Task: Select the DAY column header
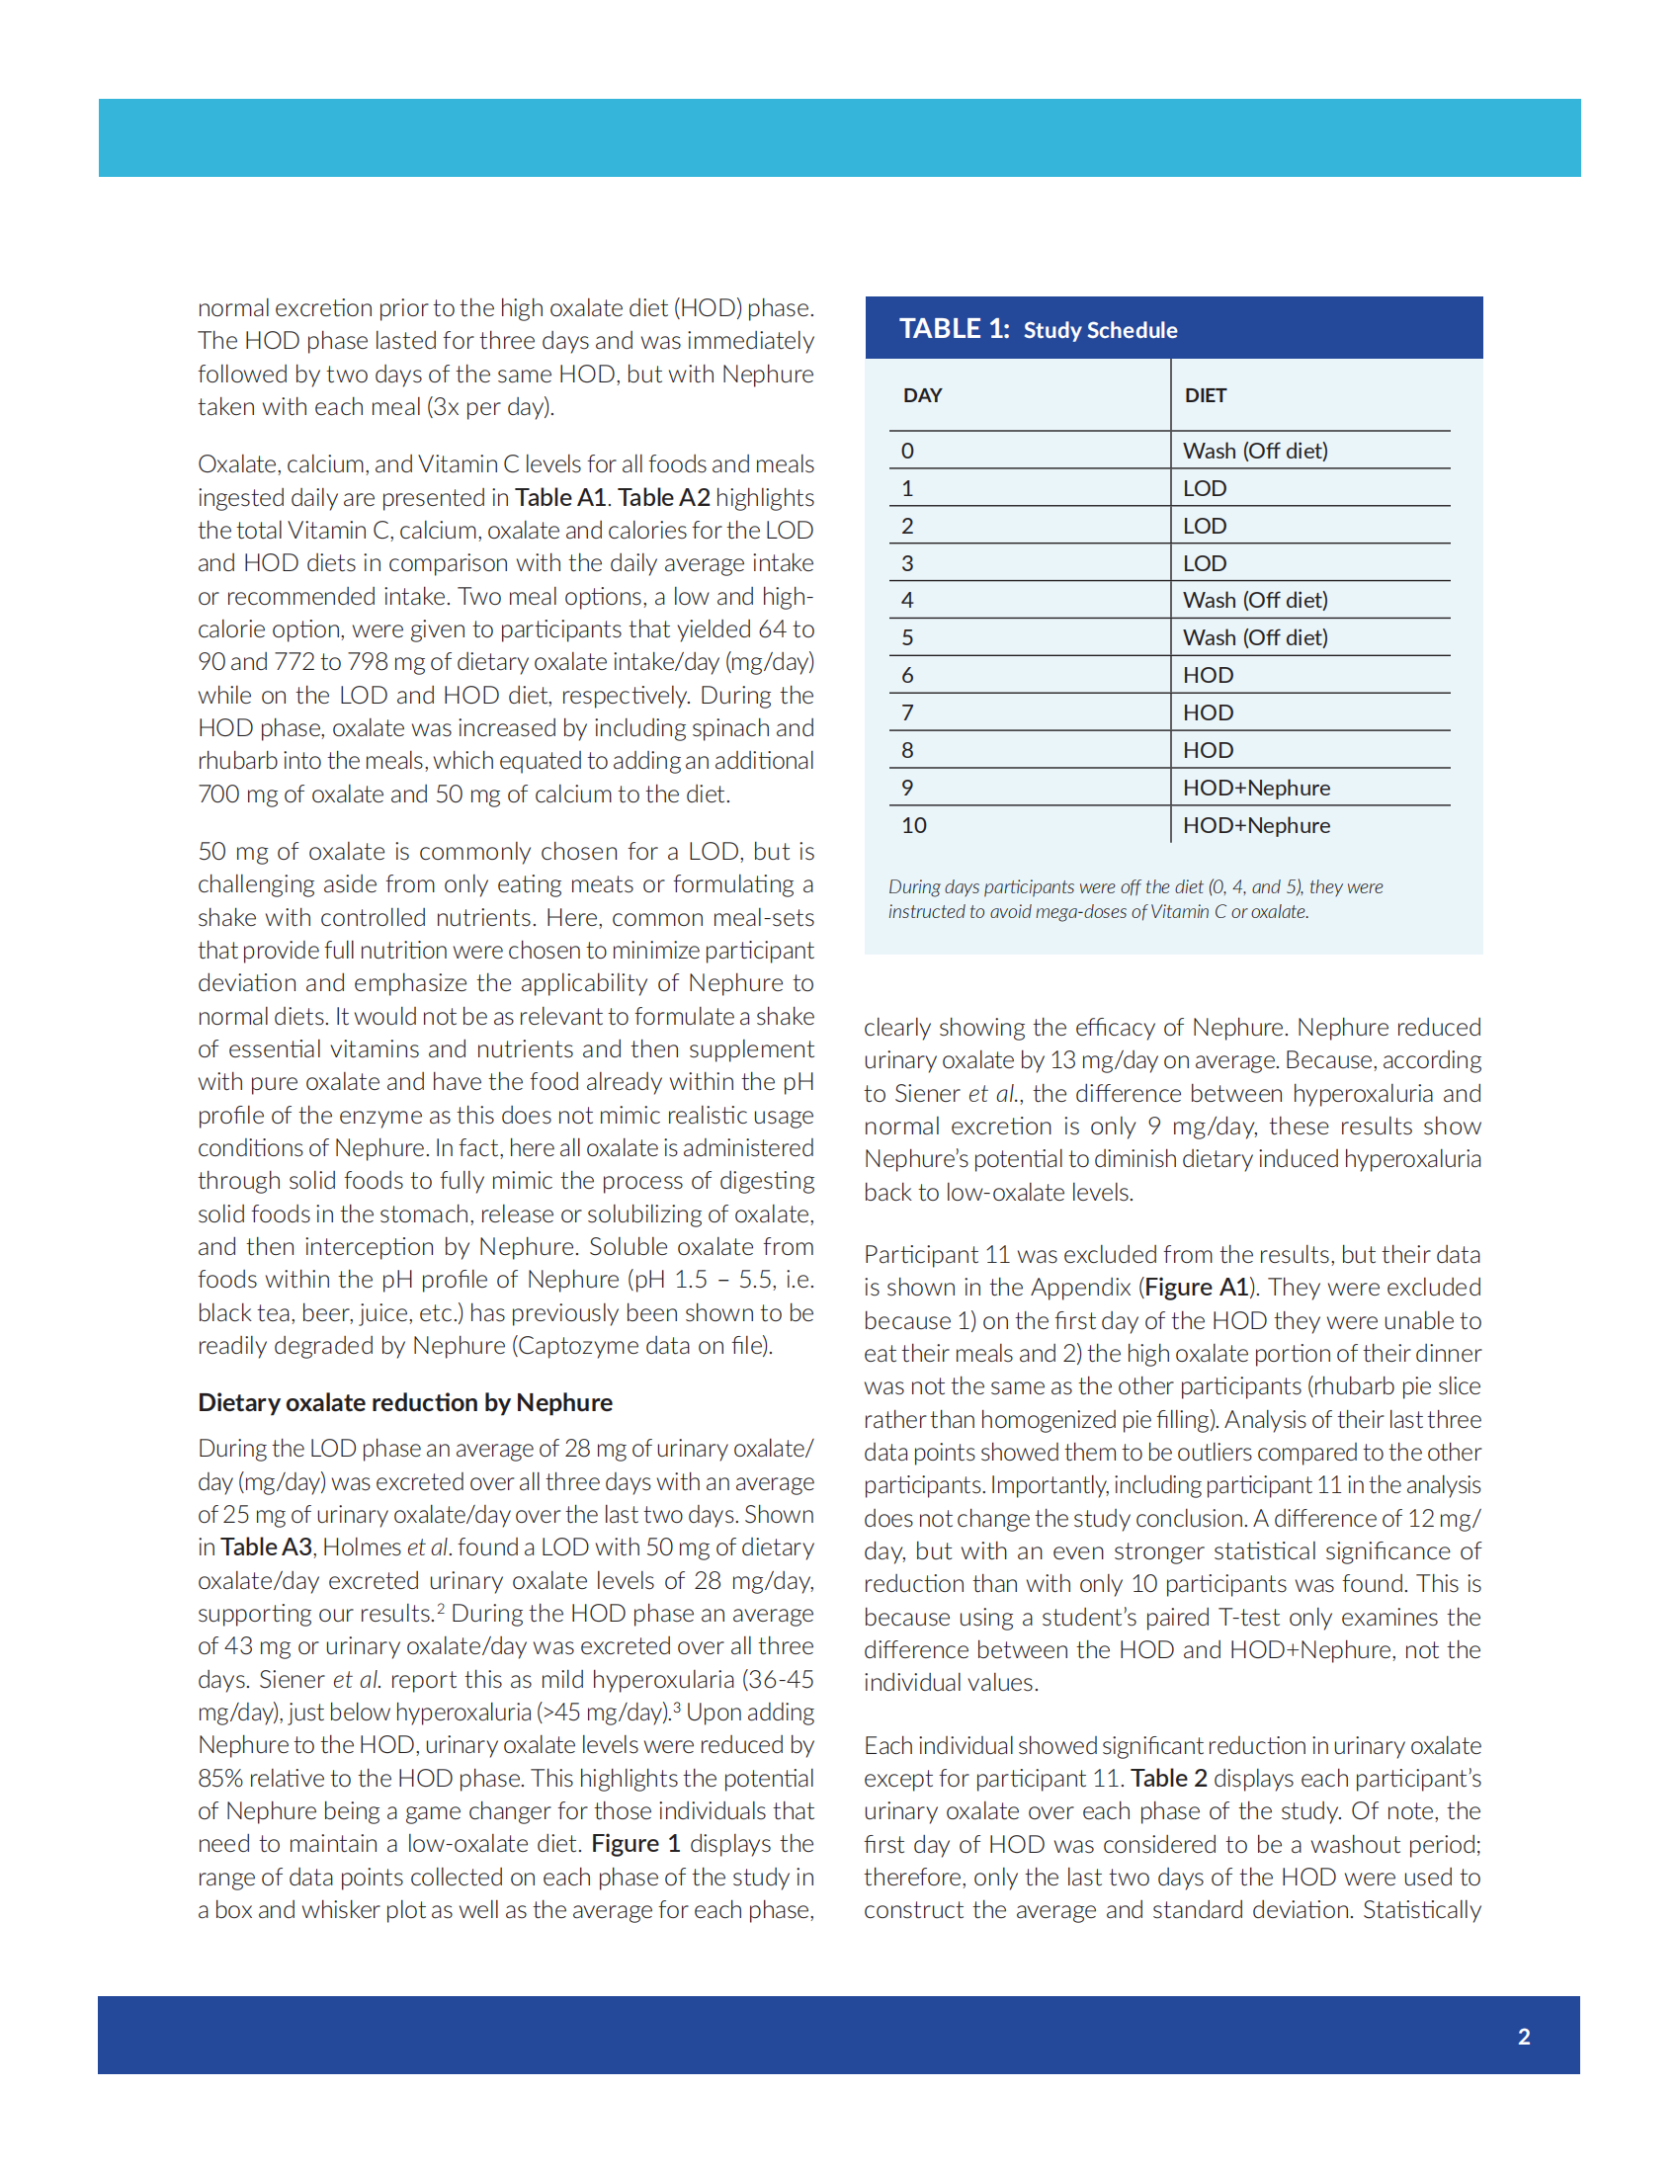(922, 395)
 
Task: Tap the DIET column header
(1205, 395)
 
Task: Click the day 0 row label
(906, 451)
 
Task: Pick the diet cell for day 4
(1254, 600)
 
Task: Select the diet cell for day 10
(1255, 825)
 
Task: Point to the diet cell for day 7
(1208, 712)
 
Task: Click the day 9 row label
(906, 788)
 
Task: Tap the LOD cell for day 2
(1205, 526)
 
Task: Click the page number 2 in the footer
(1523, 2037)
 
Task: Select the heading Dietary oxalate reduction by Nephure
(404, 1402)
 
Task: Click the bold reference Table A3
(266, 1547)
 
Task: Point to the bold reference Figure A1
(1197, 1287)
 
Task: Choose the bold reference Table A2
(663, 497)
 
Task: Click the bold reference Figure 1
(635, 1844)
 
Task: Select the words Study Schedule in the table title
(1100, 330)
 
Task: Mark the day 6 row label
(906, 675)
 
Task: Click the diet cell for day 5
(1254, 637)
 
